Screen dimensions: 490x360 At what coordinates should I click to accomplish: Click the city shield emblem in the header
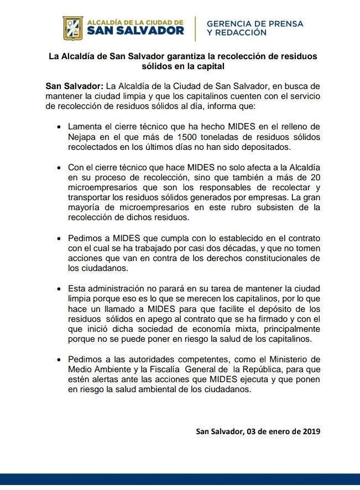coord(73,28)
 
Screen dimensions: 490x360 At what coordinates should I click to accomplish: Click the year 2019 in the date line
coord(311,431)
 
